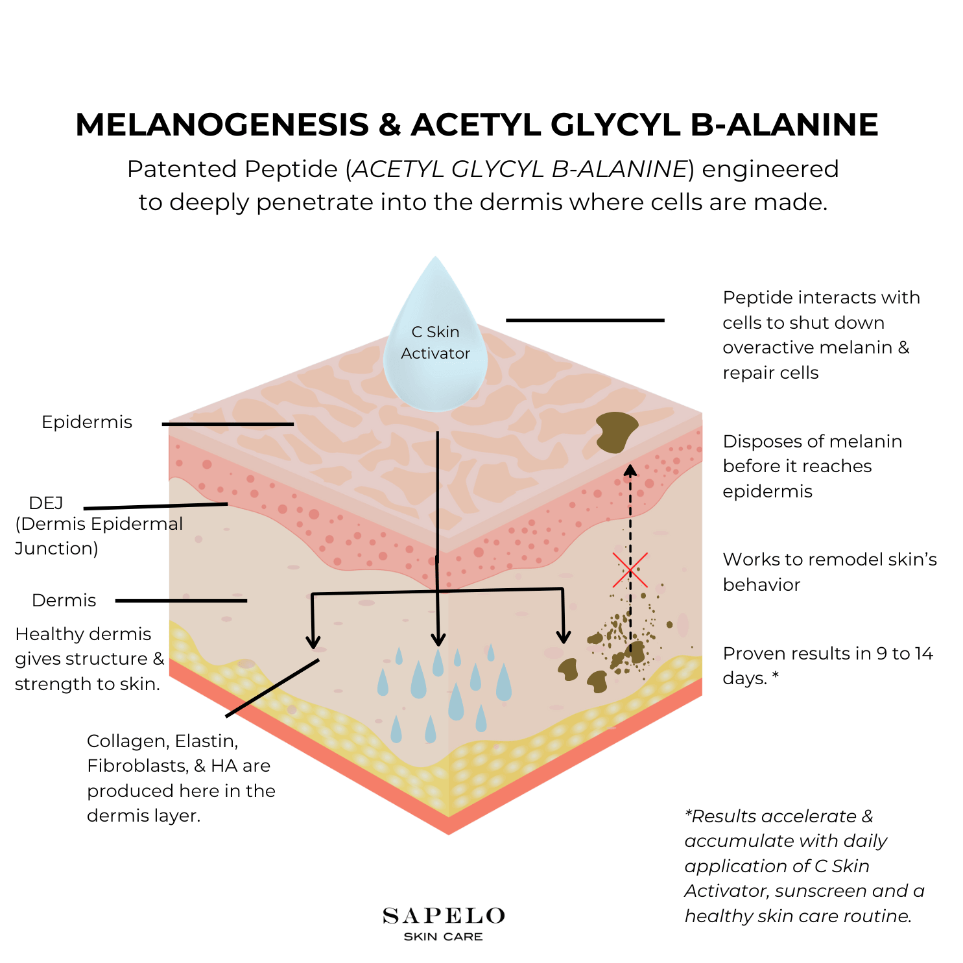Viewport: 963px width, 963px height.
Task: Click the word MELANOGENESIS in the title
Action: [x=222, y=125]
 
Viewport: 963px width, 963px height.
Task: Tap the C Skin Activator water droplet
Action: [x=435, y=344]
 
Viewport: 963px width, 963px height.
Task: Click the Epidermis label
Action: [x=87, y=422]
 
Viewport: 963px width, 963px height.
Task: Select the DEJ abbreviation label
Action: [x=46, y=503]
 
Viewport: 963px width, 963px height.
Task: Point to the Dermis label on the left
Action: [x=64, y=600]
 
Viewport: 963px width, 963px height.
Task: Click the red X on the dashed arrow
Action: [x=630, y=570]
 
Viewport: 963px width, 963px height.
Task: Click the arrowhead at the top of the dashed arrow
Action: [x=630, y=469]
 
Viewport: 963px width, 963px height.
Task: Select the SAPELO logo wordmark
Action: [x=444, y=916]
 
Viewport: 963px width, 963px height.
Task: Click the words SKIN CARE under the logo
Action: [x=444, y=936]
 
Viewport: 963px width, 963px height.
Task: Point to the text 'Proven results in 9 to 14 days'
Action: [x=827, y=665]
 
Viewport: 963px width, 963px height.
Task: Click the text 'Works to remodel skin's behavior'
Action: [x=829, y=571]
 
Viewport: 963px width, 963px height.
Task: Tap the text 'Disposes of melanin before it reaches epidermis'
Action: [x=812, y=466]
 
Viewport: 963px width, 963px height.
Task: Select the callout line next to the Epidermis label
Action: [x=228, y=424]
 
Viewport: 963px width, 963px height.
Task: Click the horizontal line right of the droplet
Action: [x=585, y=320]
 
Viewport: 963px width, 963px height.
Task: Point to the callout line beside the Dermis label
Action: [x=181, y=600]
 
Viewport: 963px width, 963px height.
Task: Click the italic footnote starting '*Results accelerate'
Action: [x=804, y=866]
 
